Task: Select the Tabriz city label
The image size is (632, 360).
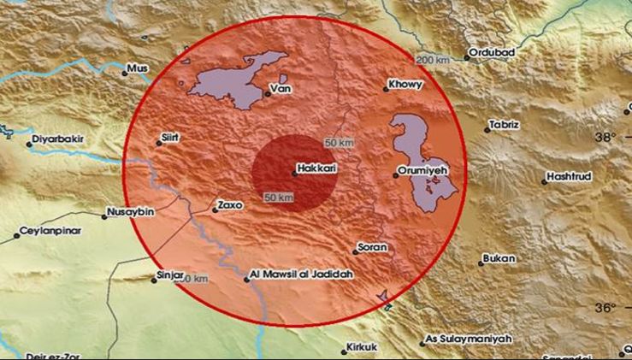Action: (505, 125)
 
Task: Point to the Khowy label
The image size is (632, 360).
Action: (405, 85)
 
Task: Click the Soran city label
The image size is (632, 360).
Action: (374, 247)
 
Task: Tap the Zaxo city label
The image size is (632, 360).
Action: (231, 205)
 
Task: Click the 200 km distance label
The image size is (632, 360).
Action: (434, 59)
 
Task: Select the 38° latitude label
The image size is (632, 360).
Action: (606, 137)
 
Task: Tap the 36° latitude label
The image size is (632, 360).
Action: (606, 307)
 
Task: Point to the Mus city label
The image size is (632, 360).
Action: (137, 68)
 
